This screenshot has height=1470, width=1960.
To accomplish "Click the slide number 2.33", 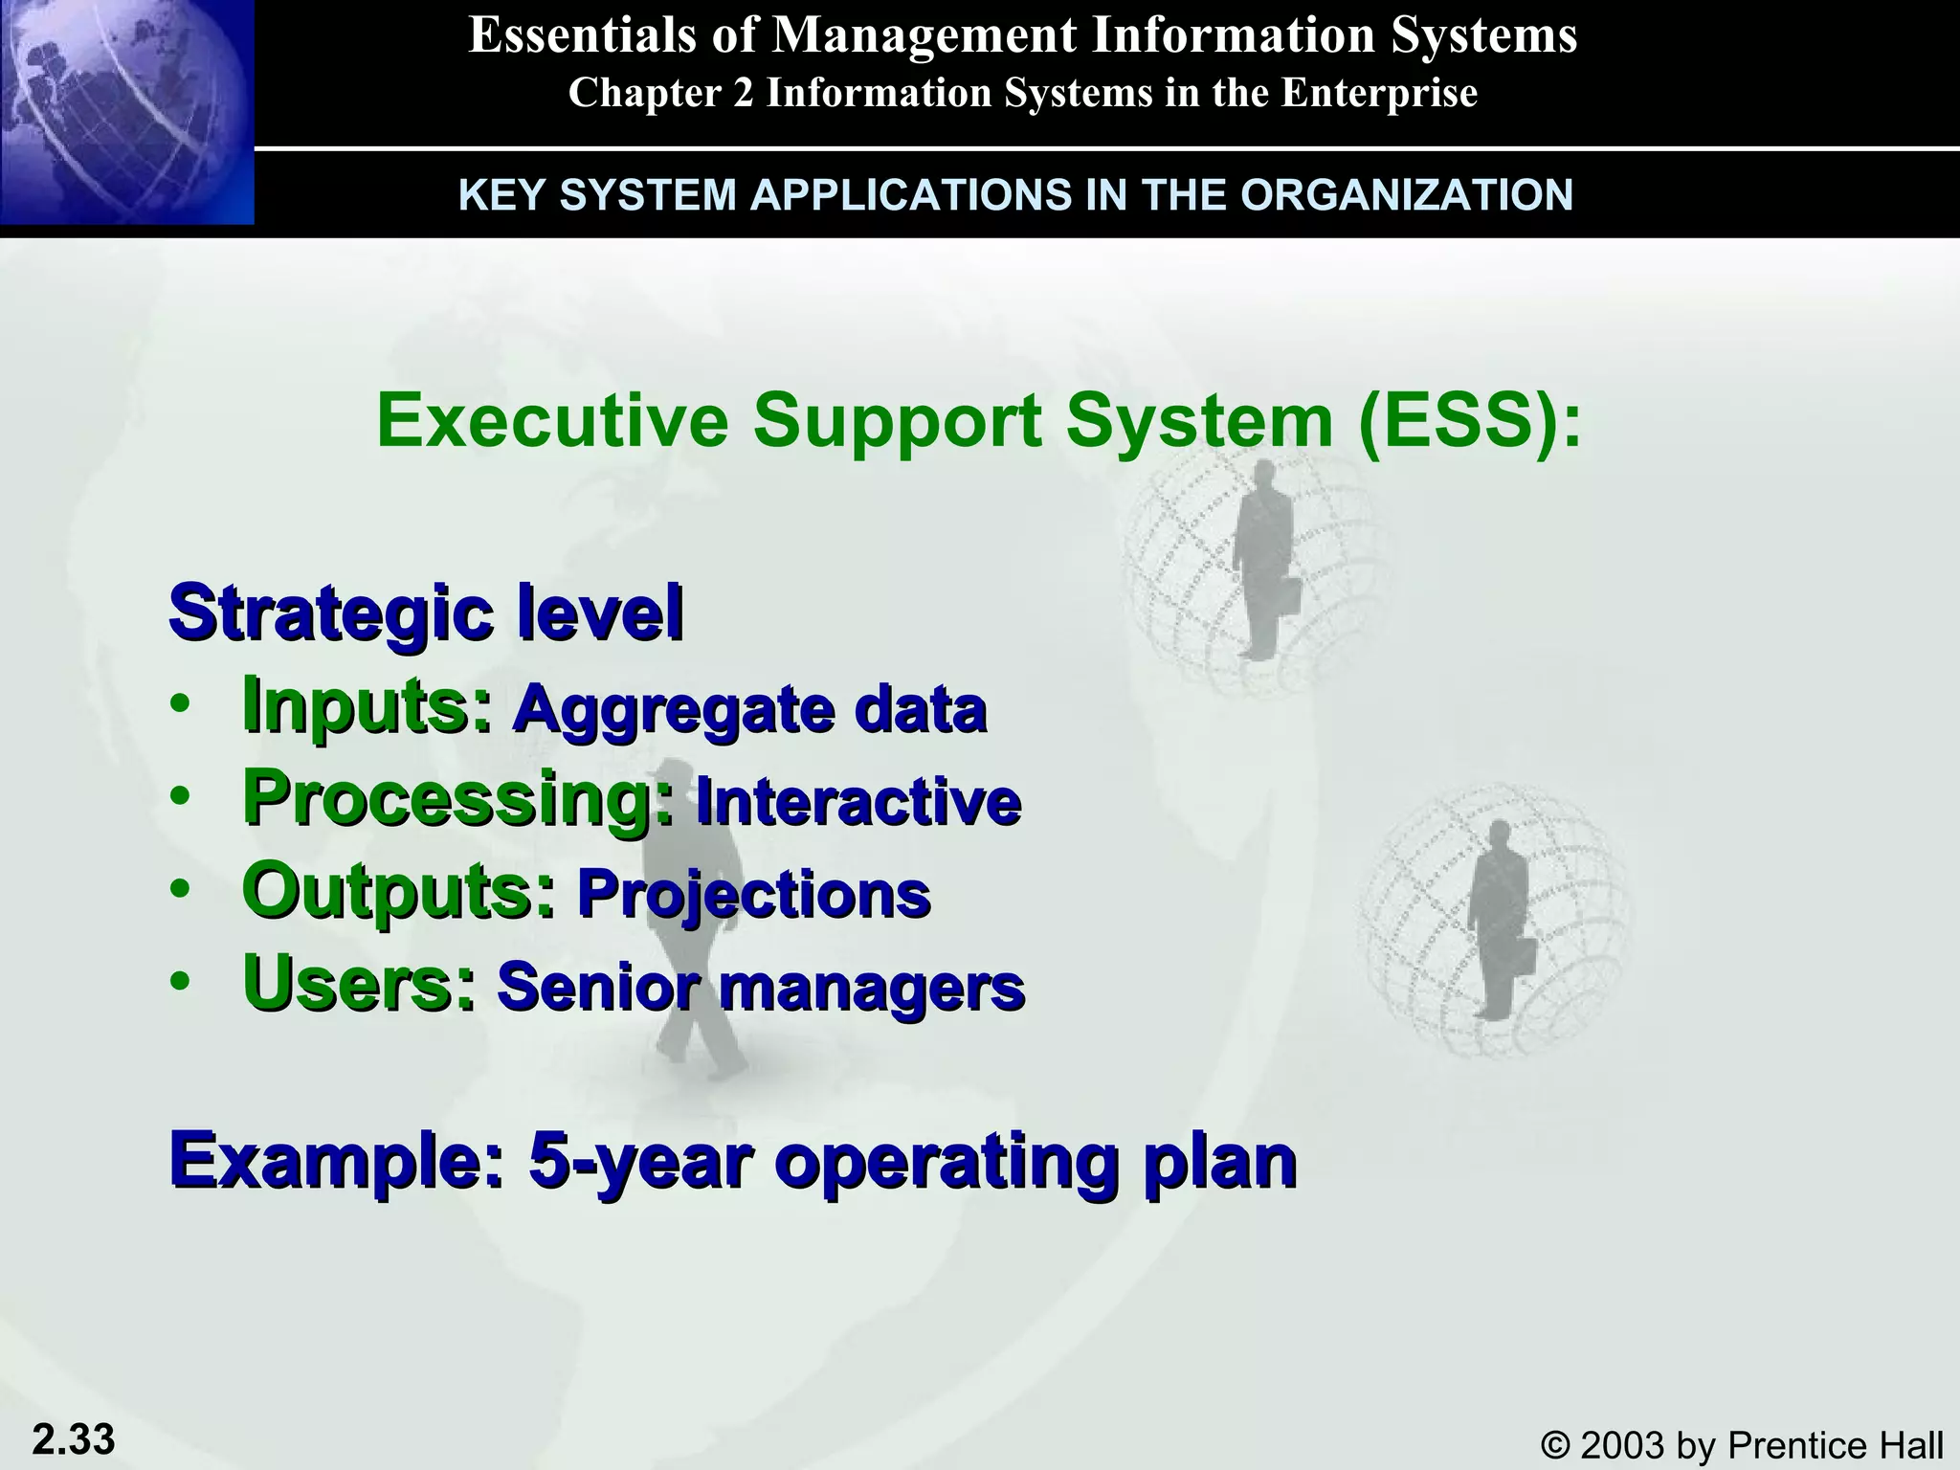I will click(x=74, y=1438).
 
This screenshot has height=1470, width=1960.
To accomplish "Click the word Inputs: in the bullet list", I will click(x=367, y=705).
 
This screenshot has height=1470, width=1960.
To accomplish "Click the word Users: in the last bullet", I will click(x=359, y=983).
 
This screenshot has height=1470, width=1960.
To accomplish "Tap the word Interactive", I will click(x=858, y=801).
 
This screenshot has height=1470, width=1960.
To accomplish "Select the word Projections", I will click(x=754, y=894).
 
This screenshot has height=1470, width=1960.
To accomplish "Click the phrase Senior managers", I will click(x=761, y=987).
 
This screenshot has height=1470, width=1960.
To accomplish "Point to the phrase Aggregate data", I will click(x=749, y=709).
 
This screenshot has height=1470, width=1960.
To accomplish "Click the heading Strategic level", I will click(x=426, y=612).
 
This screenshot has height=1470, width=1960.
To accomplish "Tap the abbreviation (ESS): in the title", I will click(x=1469, y=421).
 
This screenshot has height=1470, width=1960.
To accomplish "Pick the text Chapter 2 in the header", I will click(x=660, y=93).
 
